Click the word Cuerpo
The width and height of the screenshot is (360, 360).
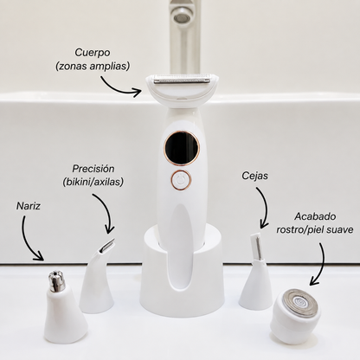click(93, 53)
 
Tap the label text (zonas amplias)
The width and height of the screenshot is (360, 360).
click(93, 67)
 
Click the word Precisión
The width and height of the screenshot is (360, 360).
click(93, 169)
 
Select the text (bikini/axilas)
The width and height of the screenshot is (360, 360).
click(93, 182)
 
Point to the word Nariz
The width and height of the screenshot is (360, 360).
click(29, 206)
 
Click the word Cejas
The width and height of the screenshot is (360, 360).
click(254, 176)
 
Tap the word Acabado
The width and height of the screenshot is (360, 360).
click(315, 216)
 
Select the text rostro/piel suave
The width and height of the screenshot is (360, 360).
click(315, 229)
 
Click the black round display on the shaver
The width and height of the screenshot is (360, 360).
click(182, 147)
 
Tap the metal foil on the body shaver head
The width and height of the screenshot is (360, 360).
click(182, 79)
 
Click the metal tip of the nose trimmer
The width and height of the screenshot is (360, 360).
click(55, 280)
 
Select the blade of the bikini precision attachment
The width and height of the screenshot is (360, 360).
click(107, 245)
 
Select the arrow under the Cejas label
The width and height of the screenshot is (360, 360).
click(264, 206)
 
